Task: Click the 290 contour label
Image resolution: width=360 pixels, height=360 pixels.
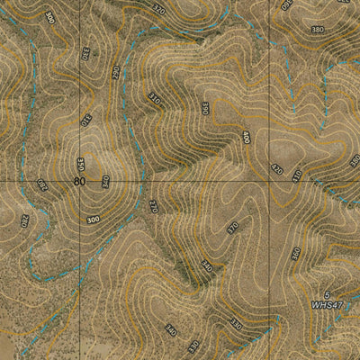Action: coord(116,71)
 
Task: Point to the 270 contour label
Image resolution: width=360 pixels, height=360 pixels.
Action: coord(153,206)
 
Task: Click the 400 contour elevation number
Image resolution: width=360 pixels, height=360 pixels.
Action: coord(246,138)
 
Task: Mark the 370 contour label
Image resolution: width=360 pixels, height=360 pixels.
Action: coord(232,228)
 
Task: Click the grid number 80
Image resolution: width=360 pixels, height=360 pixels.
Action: coord(79,182)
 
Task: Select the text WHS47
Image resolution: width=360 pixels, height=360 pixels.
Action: coord(327,306)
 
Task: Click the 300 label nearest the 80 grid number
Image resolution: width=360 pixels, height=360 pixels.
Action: coord(94,219)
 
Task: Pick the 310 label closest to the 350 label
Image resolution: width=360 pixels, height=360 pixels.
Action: coord(86,118)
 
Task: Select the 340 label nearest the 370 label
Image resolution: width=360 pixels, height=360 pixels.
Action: coord(207,266)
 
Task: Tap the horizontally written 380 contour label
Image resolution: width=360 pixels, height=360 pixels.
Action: coord(317,30)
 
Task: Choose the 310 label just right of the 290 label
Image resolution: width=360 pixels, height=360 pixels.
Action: coord(154,96)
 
